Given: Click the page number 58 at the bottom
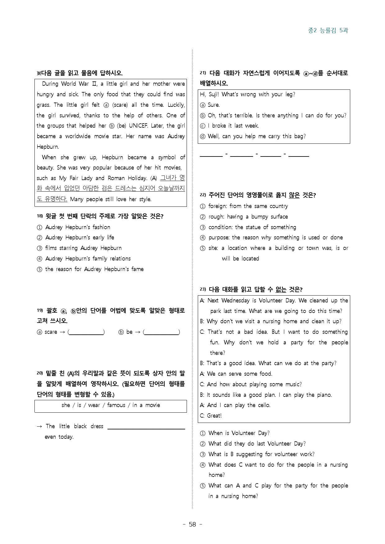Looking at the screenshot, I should pyautogui.click(x=192, y=524).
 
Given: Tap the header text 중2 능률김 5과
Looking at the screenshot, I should pyautogui.click(x=328, y=30).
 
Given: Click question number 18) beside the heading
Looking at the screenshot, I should pyautogui.click(x=39, y=216).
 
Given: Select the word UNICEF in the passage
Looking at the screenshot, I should pyautogui.click(x=138, y=126).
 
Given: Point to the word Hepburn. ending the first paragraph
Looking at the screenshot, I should pyautogui.click(x=48, y=147).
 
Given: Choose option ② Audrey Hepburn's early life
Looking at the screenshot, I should pyautogui.click(x=79, y=238).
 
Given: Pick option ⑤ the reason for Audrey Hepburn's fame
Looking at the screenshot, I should pyautogui.click(x=94, y=269).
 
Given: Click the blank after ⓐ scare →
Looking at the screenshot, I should pyautogui.click(x=86, y=332).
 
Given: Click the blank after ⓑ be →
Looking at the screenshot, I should pyautogui.click(x=161, y=332).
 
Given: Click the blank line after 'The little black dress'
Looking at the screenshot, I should pyautogui.click(x=146, y=427).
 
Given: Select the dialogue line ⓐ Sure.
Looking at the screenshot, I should pyautogui.click(x=210, y=105).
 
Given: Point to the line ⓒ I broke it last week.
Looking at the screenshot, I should pyautogui.click(x=229, y=126).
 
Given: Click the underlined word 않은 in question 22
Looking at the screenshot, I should pyautogui.click(x=294, y=195).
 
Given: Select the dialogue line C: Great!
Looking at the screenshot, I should pyautogui.click(x=211, y=416).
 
